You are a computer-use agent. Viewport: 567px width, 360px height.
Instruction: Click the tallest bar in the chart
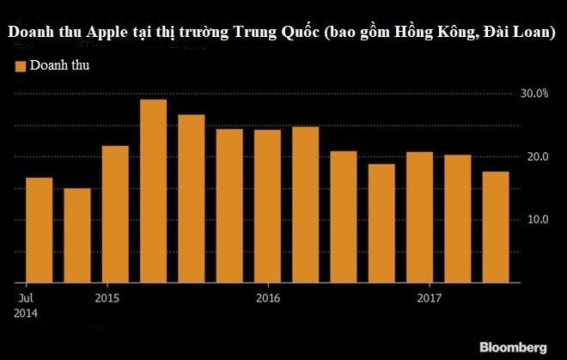[x=153, y=191]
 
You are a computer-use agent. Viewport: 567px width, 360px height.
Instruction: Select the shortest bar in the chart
[x=77, y=235]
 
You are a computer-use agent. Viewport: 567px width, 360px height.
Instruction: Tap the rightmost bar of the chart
[x=495, y=227]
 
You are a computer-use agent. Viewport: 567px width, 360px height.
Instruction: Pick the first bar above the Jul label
[x=40, y=229]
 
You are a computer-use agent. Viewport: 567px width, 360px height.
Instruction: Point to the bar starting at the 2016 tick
[x=267, y=206]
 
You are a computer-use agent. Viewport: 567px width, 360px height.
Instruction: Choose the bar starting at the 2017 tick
[x=419, y=217]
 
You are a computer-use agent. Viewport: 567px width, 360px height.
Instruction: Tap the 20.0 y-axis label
[x=534, y=157]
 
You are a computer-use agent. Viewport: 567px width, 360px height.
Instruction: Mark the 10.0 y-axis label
[x=534, y=220]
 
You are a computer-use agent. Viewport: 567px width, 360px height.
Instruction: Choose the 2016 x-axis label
[x=268, y=298]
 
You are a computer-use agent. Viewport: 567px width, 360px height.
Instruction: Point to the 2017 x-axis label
[x=429, y=298]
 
